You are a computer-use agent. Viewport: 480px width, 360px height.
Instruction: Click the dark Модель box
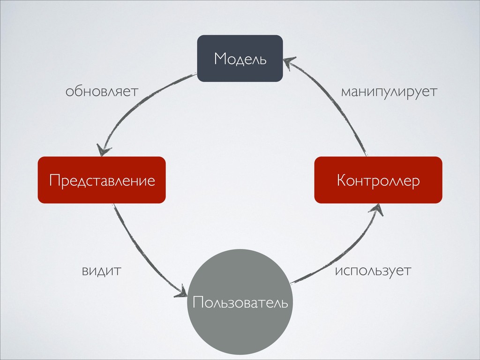240,58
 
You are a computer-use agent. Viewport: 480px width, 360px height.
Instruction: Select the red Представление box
102,180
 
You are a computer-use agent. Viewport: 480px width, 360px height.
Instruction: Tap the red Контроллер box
378,180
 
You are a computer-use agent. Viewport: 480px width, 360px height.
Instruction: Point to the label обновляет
102,91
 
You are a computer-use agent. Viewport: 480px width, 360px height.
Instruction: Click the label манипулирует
389,91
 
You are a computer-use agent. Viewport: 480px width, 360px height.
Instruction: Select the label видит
102,270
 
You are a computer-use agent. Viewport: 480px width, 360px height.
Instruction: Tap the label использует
373,271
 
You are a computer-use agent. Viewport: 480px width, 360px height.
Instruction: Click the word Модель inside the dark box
240,59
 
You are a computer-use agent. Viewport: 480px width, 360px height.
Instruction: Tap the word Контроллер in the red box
378,180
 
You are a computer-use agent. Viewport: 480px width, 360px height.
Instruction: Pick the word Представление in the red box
102,180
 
